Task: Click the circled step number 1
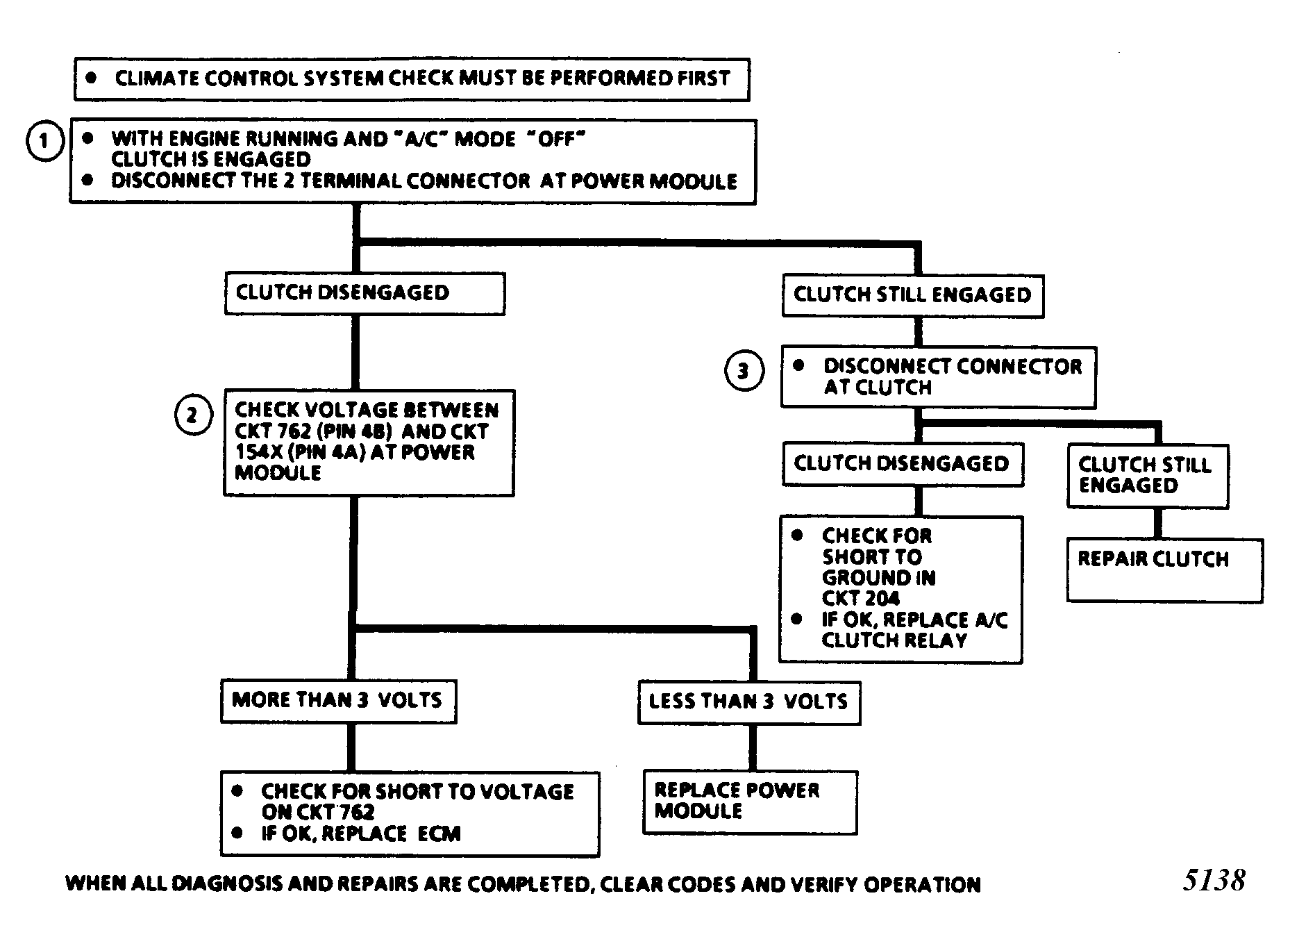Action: point(45,141)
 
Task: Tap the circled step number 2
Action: point(192,415)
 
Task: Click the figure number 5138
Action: point(1214,880)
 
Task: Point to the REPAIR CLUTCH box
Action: point(1165,570)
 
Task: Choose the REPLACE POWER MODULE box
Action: point(751,802)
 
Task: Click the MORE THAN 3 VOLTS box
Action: point(339,701)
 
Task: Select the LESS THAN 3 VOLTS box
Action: point(749,703)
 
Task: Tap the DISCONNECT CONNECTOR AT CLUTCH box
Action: point(939,376)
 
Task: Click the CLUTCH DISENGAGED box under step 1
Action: point(365,293)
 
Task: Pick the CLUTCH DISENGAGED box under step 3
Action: point(903,463)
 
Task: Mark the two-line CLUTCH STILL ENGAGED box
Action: point(1148,476)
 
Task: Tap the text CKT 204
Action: point(860,598)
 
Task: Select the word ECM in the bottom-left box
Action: point(439,833)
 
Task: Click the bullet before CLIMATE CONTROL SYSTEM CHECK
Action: point(91,78)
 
